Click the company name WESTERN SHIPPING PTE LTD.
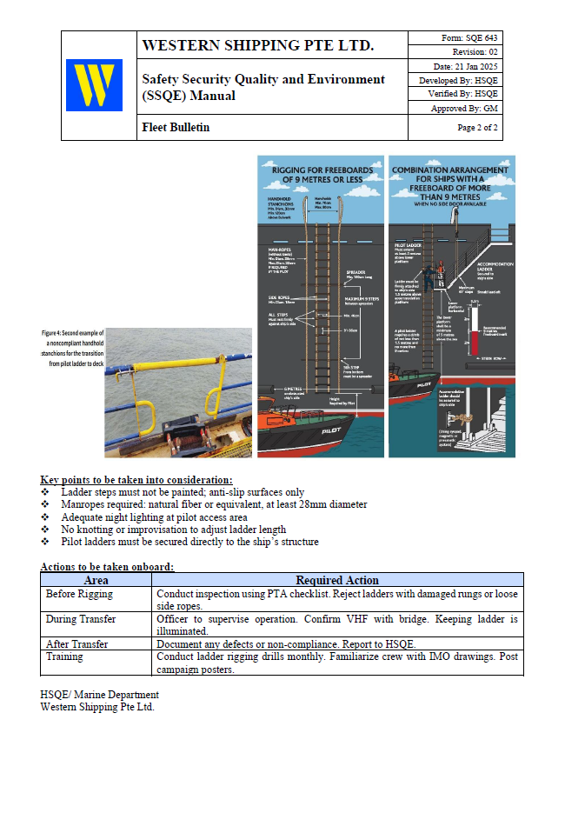click(257, 45)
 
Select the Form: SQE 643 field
click(467, 37)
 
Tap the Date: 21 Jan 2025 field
click(465, 66)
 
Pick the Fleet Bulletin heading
click(176, 128)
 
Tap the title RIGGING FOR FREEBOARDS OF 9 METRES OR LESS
click(321, 174)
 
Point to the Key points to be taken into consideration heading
click(136, 480)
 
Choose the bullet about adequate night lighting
click(156, 516)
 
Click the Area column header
click(96, 580)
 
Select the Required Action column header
click(336, 580)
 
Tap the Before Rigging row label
click(79, 594)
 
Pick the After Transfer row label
click(77, 644)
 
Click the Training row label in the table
click(64, 656)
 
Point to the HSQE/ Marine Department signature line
click(99, 695)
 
